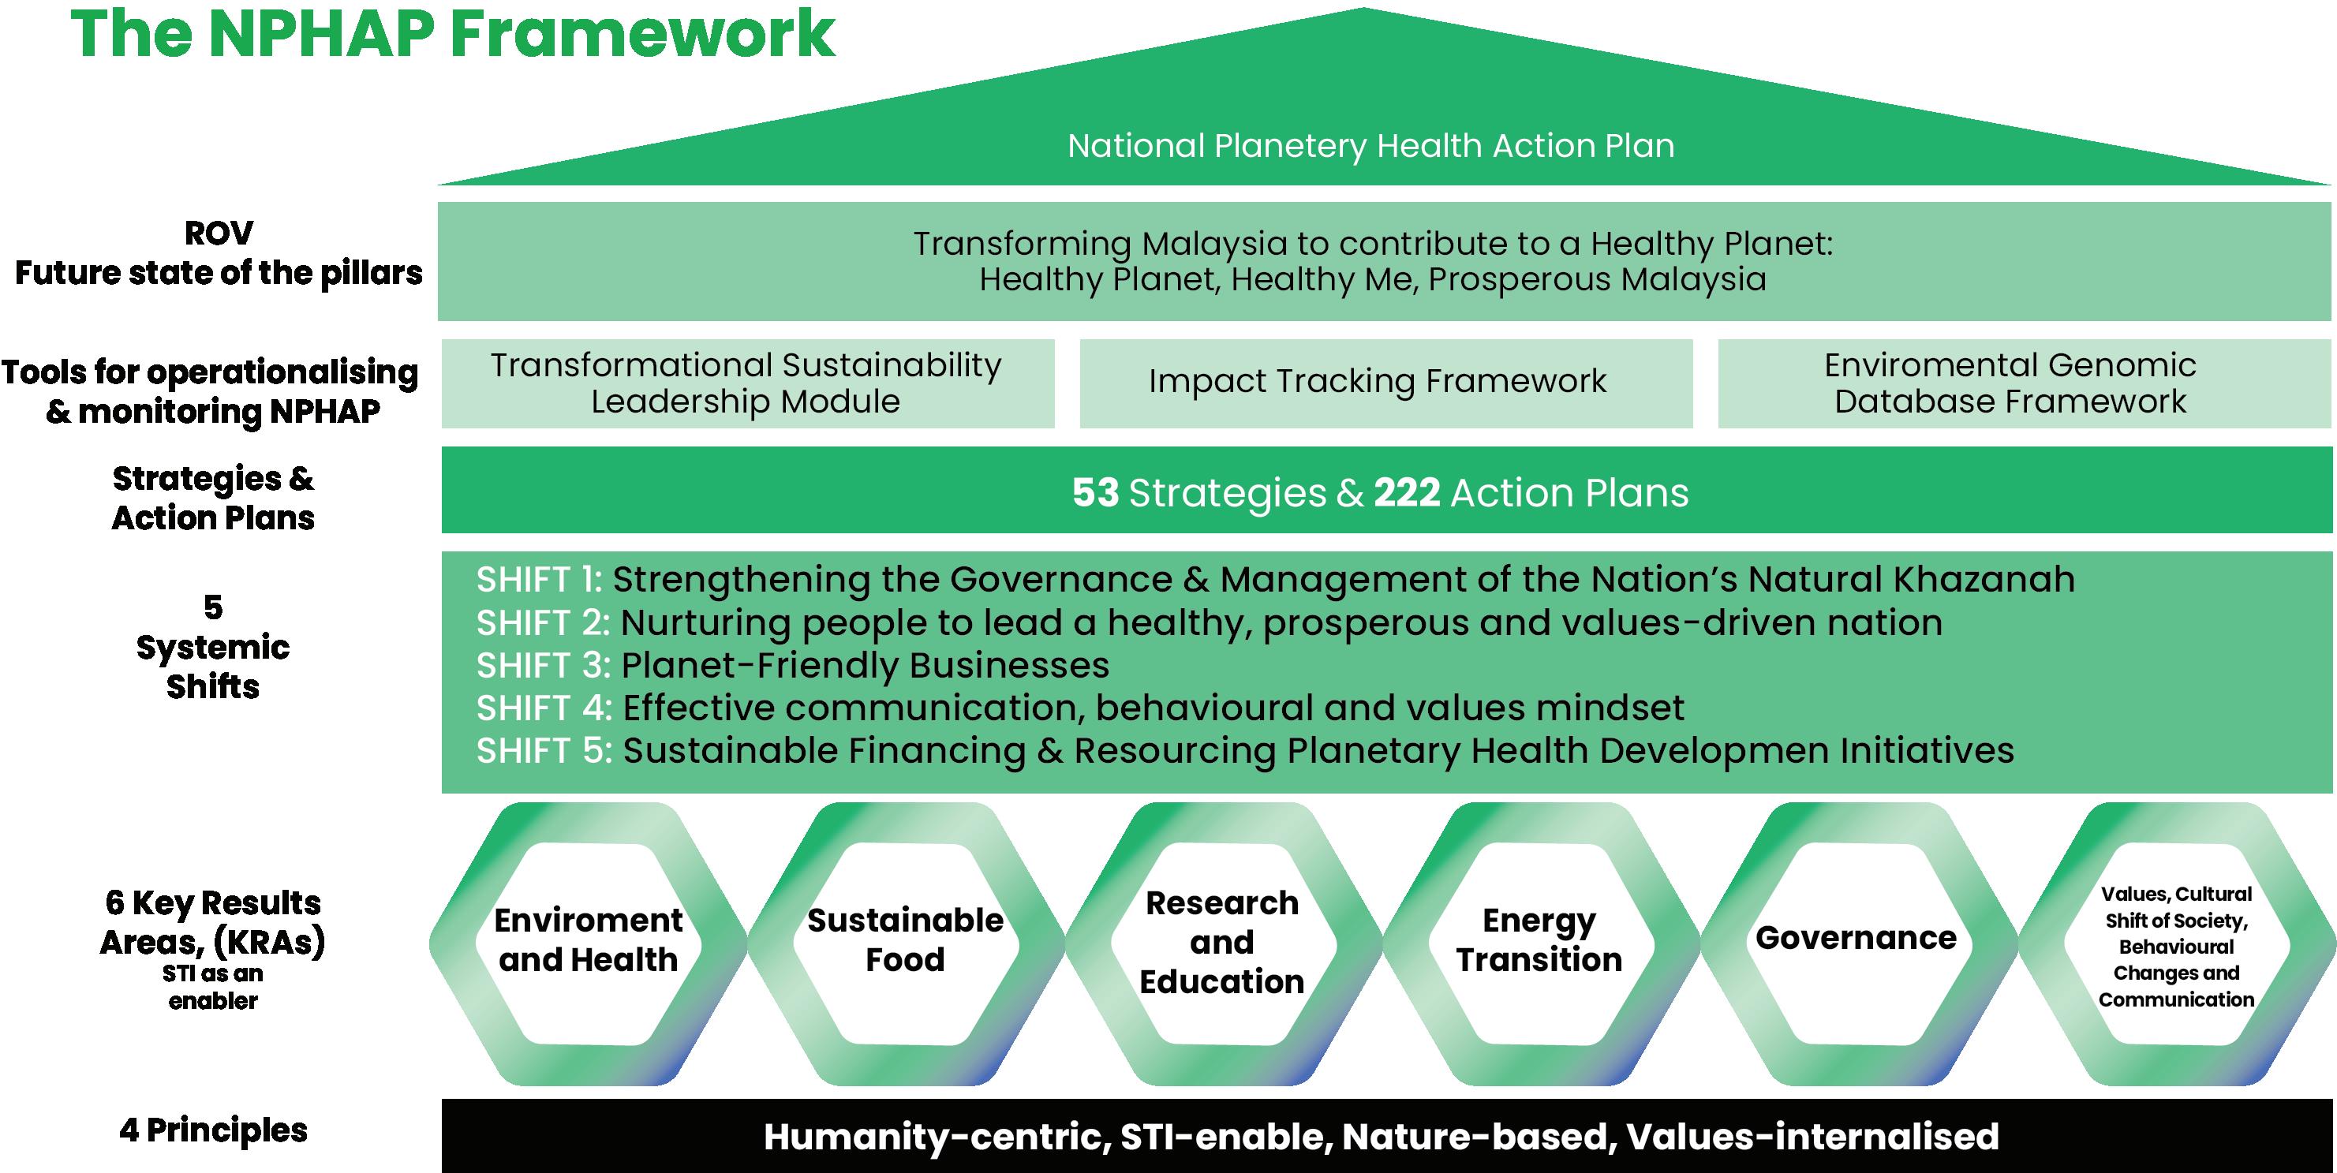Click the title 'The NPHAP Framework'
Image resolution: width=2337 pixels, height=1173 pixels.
(x=453, y=35)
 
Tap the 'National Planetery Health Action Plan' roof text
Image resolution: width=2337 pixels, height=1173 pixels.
(x=1370, y=146)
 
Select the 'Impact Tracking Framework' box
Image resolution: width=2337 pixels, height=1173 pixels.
(x=1386, y=383)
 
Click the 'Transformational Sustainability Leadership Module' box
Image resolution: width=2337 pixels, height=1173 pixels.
(x=747, y=383)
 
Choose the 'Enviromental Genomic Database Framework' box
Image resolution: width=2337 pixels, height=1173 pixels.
(x=2024, y=383)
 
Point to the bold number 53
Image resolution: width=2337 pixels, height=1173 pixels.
(x=1095, y=492)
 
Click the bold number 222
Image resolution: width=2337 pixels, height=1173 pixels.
(x=1407, y=492)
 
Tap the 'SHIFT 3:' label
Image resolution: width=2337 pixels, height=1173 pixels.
(x=544, y=665)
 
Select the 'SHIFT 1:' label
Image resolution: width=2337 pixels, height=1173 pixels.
(x=540, y=579)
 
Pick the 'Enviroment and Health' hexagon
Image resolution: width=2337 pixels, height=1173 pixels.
(x=589, y=943)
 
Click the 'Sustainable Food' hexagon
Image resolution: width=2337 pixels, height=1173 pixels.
(x=906, y=943)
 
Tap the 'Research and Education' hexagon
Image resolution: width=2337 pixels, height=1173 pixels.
(x=1223, y=943)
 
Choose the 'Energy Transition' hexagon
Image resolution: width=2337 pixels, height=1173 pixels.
(x=1539, y=943)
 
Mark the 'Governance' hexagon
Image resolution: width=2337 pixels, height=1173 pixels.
(x=1857, y=943)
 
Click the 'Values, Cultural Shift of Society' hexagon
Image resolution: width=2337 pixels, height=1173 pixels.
(x=2176, y=943)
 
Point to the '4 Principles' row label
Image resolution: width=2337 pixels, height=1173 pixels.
(x=213, y=1130)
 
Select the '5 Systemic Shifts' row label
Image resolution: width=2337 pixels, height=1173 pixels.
(x=213, y=647)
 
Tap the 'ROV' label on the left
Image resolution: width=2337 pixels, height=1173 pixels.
(x=219, y=233)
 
